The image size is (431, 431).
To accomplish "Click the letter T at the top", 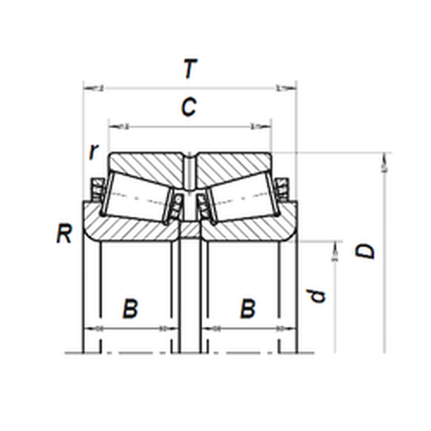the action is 191,68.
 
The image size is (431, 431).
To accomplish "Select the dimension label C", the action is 189,107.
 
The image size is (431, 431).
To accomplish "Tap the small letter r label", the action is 94,152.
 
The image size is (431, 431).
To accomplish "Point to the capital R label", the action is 64,234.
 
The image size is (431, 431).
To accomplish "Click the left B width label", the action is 130,309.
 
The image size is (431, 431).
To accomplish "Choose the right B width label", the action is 247,309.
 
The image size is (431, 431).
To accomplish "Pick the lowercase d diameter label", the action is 317,296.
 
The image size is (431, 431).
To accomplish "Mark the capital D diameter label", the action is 365,251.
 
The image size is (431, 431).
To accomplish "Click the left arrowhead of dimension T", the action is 89,88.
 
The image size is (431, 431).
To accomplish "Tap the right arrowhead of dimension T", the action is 290,88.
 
